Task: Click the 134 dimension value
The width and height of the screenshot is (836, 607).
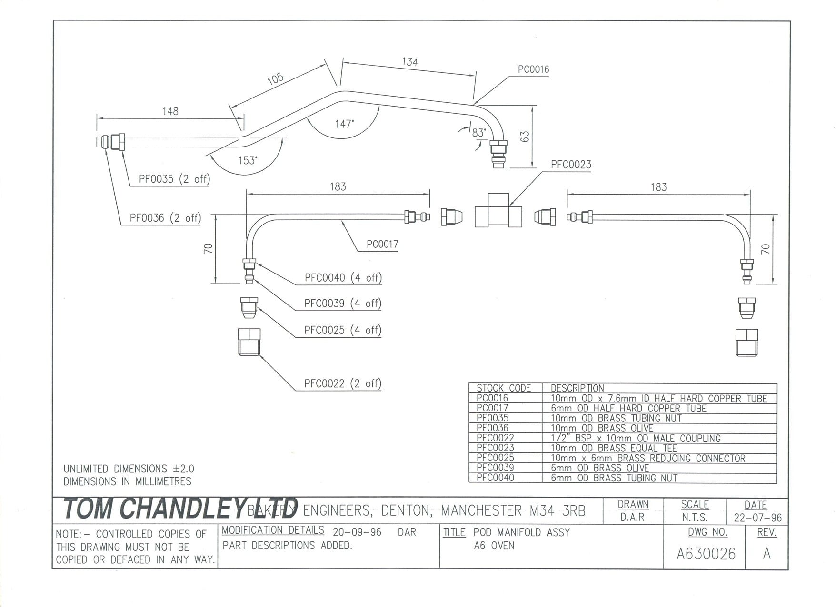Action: click(409, 62)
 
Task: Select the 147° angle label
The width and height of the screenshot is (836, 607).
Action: click(344, 124)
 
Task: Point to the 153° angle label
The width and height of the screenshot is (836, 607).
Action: click(248, 160)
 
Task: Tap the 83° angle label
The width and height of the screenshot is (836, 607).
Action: click(479, 133)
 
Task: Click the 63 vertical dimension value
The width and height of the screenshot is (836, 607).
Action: click(525, 137)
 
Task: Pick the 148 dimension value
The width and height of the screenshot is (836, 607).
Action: click(170, 111)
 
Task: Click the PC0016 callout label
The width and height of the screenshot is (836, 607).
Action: click(533, 69)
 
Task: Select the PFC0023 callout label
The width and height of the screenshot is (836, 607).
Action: click(571, 165)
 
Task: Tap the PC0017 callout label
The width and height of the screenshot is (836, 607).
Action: click(382, 244)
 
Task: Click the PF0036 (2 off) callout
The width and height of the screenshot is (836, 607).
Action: click(165, 218)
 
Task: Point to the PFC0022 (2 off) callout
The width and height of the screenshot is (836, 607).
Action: click(343, 383)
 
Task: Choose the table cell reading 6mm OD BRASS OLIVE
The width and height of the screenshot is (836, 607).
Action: click(599, 468)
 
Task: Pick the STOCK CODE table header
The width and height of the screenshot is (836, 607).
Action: click(504, 388)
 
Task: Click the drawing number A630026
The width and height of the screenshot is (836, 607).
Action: click(706, 554)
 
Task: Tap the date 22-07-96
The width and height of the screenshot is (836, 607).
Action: click(757, 518)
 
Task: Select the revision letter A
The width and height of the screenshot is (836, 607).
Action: click(766, 553)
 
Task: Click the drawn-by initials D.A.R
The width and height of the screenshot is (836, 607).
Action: click(632, 517)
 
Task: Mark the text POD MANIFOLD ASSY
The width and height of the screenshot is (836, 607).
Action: click(522, 532)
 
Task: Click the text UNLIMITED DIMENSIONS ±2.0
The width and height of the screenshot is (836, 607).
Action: click(129, 469)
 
